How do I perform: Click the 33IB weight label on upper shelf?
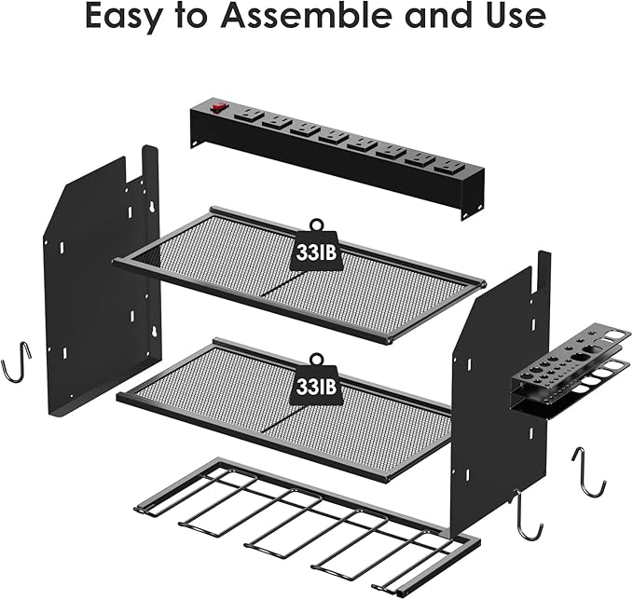pyautogui.click(x=315, y=250)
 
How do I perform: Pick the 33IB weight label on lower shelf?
pyautogui.click(x=315, y=382)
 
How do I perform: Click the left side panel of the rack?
pyautogui.click(x=93, y=280)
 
